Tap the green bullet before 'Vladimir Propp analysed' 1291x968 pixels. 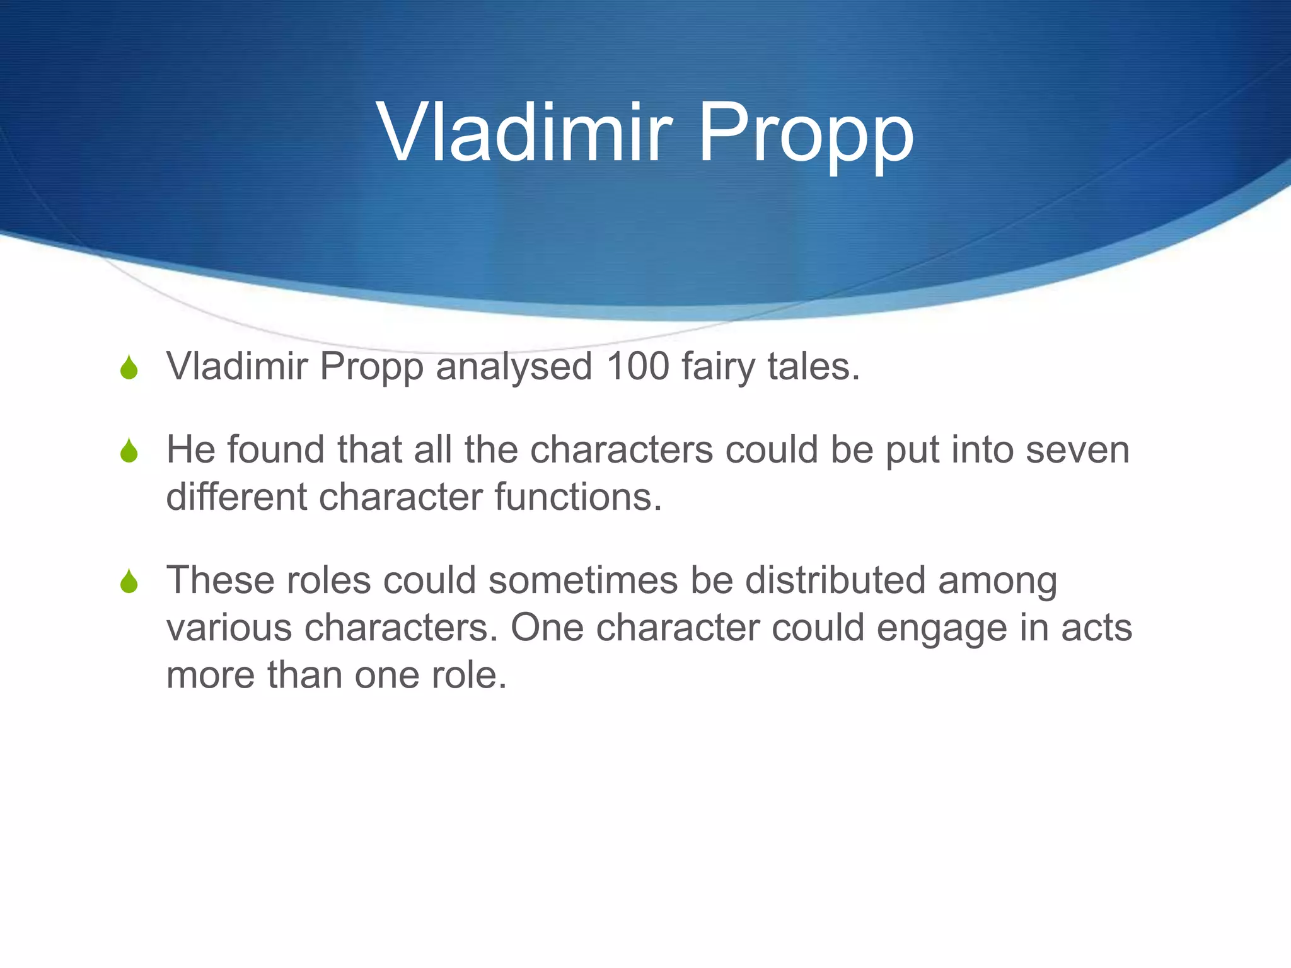pyautogui.click(x=129, y=367)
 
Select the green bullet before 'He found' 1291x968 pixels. pyautogui.click(x=129, y=451)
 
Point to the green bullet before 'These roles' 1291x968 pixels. pyautogui.click(x=129, y=581)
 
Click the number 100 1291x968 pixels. pyautogui.click(x=637, y=366)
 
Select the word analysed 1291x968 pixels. pyautogui.click(x=514, y=367)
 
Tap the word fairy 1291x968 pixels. pyautogui.click(x=718, y=367)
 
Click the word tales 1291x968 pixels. pyautogui.click(x=813, y=366)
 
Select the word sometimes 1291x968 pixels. pyautogui.click(x=583, y=580)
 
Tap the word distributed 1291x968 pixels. pyautogui.click(x=835, y=580)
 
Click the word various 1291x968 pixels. pyautogui.click(x=229, y=628)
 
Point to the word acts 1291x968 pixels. pyautogui.click(x=1096, y=628)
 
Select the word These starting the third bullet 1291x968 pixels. pyautogui.click(x=221, y=580)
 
